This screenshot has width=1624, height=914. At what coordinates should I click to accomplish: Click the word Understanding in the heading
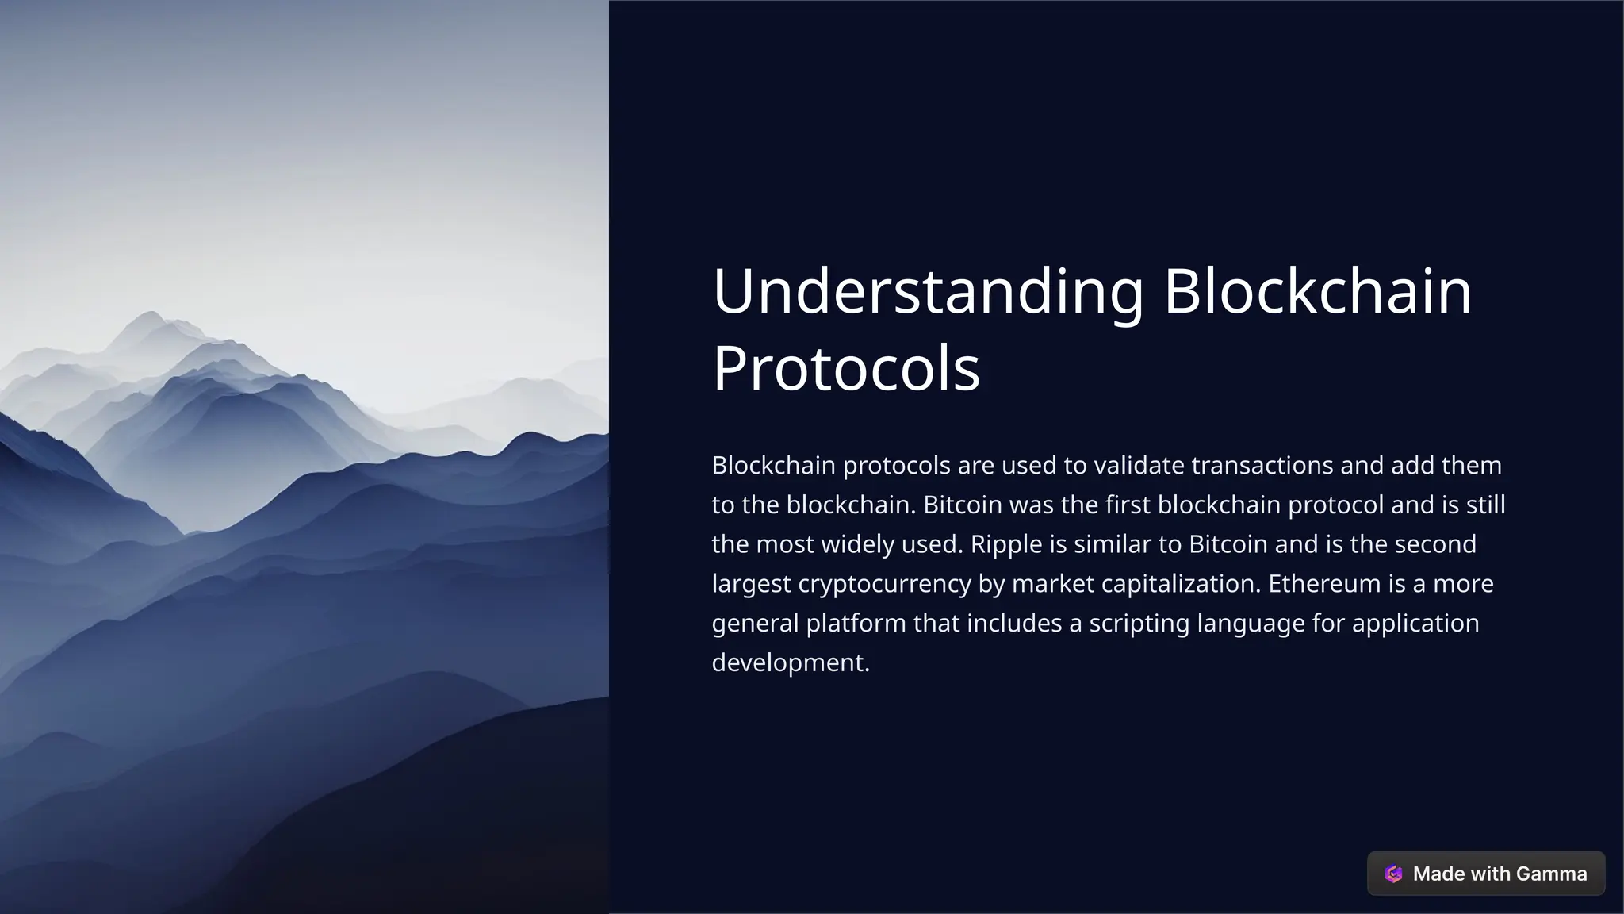(928, 292)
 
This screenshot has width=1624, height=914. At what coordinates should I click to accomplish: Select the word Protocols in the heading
(846, 368)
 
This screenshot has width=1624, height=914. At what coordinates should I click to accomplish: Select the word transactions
(1262, 465)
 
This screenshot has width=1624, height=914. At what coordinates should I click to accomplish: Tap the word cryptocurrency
(884, 584)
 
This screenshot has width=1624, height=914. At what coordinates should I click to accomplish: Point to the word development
(791, 662)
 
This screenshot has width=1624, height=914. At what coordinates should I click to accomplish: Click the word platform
(856, 624)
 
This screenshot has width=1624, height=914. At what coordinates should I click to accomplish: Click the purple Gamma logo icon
(1393, 874)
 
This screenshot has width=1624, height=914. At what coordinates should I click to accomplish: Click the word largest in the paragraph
(751, 584)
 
